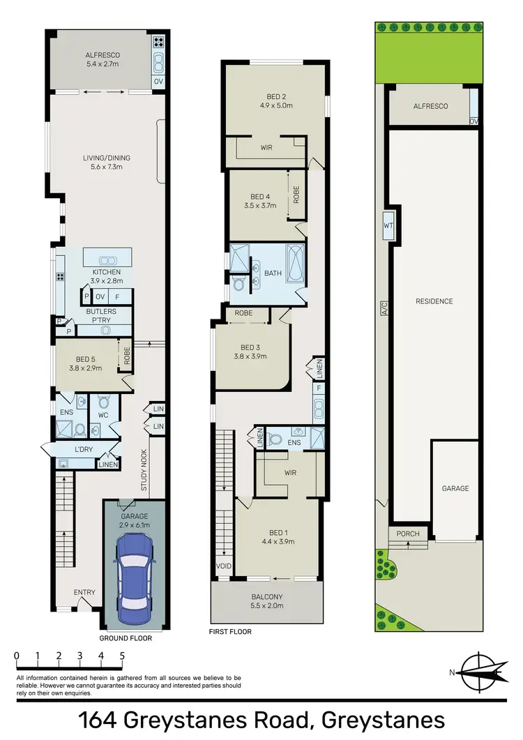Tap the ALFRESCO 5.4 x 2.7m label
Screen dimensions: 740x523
coord(103,58)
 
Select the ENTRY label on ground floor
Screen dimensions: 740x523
coord(84,593)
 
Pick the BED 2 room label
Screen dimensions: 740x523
coord(275,101)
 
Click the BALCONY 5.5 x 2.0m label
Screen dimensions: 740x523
coord(267,601)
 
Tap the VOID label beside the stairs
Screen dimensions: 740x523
coord(222,566)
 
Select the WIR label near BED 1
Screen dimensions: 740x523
coord(290,472)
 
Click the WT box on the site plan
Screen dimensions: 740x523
coord(388,225)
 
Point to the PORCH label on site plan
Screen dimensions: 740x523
coord(408,534)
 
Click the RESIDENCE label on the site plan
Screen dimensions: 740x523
coord(434,301)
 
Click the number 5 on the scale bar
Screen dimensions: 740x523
coord(123,656)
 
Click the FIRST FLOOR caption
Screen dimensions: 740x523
coord(231,632)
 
